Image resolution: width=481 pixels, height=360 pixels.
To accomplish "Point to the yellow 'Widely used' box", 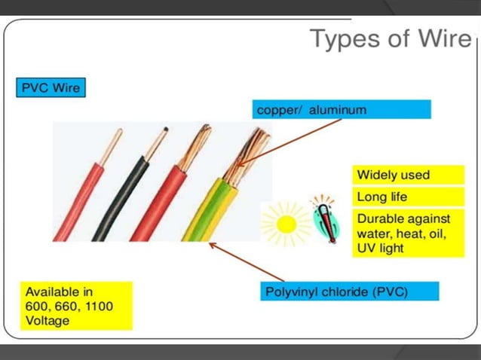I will click(x=409, y=175).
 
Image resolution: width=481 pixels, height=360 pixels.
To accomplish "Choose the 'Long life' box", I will click(x=409, y=197).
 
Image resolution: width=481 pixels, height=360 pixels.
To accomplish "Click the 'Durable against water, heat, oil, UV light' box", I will click(x=409, y=233).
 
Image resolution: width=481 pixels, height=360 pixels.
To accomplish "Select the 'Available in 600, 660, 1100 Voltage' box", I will click(x=75, y=305).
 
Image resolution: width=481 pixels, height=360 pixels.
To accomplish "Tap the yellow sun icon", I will click(x=286, y=223).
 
